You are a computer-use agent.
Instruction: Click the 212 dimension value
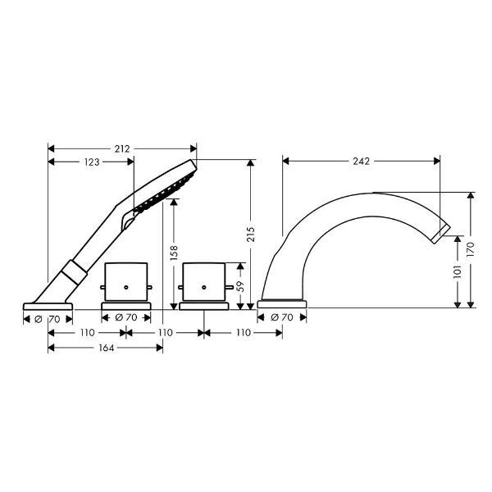(121, 148)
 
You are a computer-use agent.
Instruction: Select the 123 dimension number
(92, 162)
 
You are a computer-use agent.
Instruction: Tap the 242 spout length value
(361, 162)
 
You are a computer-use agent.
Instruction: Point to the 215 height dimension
(251, 234)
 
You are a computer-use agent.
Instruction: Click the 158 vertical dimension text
(174, 253)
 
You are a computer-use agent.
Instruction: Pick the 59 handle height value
(240, 286)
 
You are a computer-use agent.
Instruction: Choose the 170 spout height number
(471, 249)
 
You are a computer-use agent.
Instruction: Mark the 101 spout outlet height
(458, 271)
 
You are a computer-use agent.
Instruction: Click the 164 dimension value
(107, 348)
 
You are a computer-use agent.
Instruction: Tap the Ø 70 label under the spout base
(282, 317)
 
